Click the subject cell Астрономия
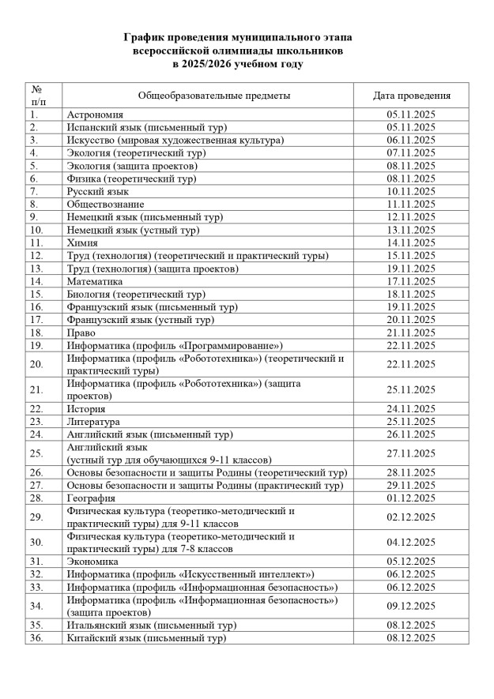click(96, 115)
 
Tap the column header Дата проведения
click(412, 96)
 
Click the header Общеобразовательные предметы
click(214, 96)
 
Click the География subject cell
click(92, 498)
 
